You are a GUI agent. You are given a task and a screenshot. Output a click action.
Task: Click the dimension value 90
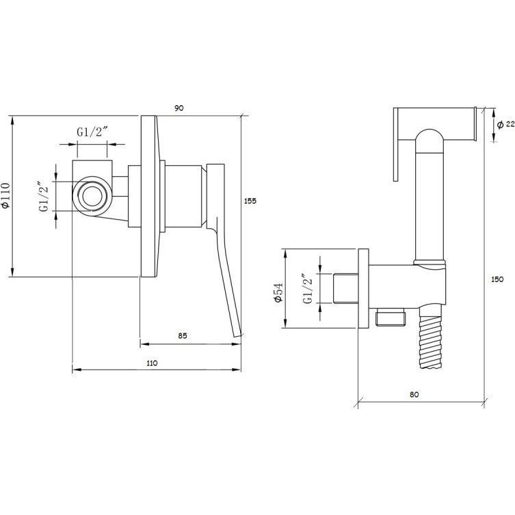click(x=179, y=108)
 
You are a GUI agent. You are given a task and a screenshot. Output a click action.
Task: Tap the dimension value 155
click(x=250, y=201)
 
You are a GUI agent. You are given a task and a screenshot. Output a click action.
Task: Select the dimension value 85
click(x=183, y=335)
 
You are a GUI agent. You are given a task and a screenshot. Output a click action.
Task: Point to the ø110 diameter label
click(x=6, y=195)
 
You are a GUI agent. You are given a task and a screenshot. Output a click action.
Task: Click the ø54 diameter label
click(x=278, y=292)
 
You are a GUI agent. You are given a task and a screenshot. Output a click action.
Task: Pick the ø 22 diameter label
click(x=505, y=124)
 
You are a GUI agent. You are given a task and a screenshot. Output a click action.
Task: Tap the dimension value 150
click(x=497, y=279)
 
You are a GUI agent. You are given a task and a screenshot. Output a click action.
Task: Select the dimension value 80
click(x=414, y=394)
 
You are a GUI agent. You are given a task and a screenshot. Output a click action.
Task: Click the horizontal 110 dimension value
click(x=152, y=363)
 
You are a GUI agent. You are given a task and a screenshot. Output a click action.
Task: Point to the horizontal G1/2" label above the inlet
click(x=92, y=132)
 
